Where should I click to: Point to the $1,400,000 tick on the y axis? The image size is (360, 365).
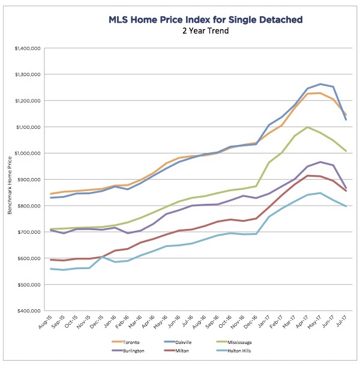click(25, 48)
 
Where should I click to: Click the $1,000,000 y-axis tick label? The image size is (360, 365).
click(25, 153)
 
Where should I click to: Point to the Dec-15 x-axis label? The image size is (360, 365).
click(97, 325)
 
